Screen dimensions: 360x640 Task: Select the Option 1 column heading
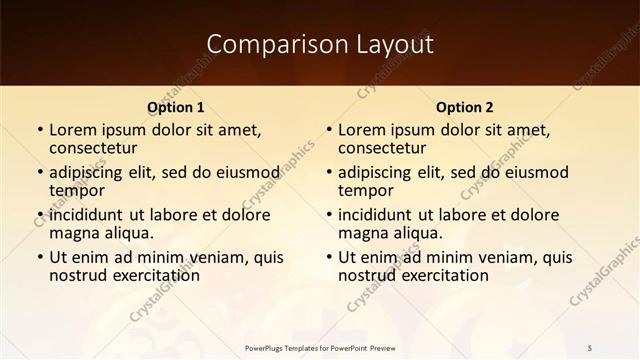[176, 107]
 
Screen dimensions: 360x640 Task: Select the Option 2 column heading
[465, 107]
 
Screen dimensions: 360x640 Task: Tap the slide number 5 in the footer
[589, 348]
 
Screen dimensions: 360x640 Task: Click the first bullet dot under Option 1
[39, 130]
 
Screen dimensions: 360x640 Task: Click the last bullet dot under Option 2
[328, 257]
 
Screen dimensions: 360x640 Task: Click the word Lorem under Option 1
[72, 129]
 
